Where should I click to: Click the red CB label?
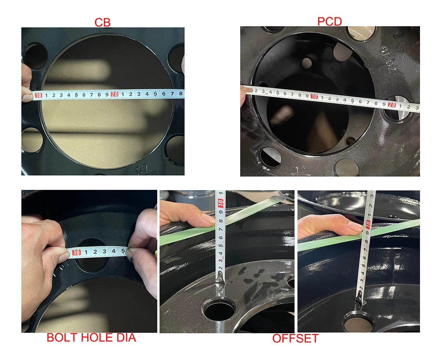pos(102,22)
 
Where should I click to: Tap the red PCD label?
pos(329,21)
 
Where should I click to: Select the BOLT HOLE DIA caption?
pos(91,337)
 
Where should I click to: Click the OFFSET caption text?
pos(295,338)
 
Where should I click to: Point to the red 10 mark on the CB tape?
pos(38,96)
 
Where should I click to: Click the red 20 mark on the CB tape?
pos(114,94)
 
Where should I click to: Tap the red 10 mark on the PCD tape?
pos(314,96)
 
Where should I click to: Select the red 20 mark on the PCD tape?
pos(392,105)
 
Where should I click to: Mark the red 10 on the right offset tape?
pos(368,224)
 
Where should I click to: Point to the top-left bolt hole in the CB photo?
pos(35,56)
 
